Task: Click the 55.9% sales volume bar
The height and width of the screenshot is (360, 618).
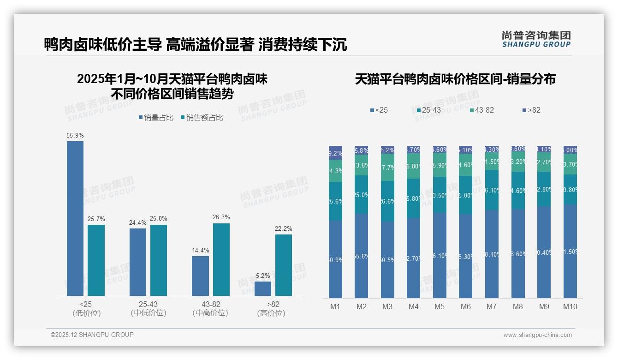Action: [75, 218]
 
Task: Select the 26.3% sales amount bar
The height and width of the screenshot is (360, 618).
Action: [221, 259]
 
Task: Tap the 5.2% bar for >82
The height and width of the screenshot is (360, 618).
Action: [263, 288]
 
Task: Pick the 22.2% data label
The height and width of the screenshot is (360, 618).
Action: [284, 229]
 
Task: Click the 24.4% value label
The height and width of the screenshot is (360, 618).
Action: [138, 223]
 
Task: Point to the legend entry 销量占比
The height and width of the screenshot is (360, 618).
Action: [156, 118]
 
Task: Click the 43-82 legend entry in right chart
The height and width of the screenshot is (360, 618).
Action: [481, 110]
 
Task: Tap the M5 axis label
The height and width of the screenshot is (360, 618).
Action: [440, 307]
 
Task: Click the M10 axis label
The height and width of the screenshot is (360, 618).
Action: [570, 307]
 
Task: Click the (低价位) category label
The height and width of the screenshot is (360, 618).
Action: [86, 313]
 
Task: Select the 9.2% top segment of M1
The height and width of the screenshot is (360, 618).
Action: [335, 153]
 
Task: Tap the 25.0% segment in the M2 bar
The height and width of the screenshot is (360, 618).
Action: [362, 195]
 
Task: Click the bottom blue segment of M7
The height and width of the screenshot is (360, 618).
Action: [492, 254]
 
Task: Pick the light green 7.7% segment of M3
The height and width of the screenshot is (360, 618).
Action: [387, 167]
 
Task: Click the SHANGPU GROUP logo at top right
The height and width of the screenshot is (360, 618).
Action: [536, 39]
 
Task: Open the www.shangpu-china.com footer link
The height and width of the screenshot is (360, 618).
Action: [537, 335]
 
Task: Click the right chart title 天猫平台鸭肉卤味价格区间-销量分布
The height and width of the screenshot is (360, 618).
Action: [455, 79]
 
